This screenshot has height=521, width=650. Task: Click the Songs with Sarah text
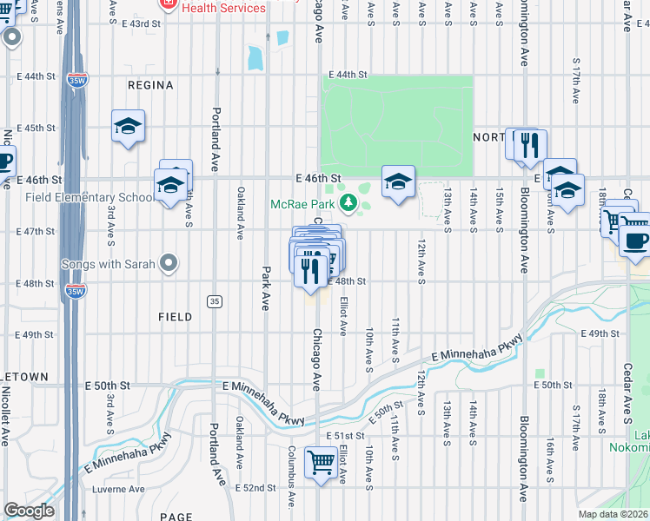click(x=108, y=263)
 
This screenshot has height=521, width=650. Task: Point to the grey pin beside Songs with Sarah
click(x=169, y=262)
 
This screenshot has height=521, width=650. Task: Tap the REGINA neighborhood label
click(x=150, y=85)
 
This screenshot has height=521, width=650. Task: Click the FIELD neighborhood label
click(x=175, y=317)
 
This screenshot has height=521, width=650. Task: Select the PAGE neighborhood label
click(x=176, y=517)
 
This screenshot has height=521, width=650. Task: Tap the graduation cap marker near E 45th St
click(x=128, y=127)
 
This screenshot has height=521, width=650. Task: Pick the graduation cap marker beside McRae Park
click(x=398, y=181)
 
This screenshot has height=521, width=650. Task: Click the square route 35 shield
click(x=213, y=301)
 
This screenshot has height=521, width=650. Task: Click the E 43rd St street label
click(x=141, y=23)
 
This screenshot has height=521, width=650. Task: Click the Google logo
click(x=29, y=511)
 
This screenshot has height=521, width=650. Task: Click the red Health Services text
click(x=223, y=8)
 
